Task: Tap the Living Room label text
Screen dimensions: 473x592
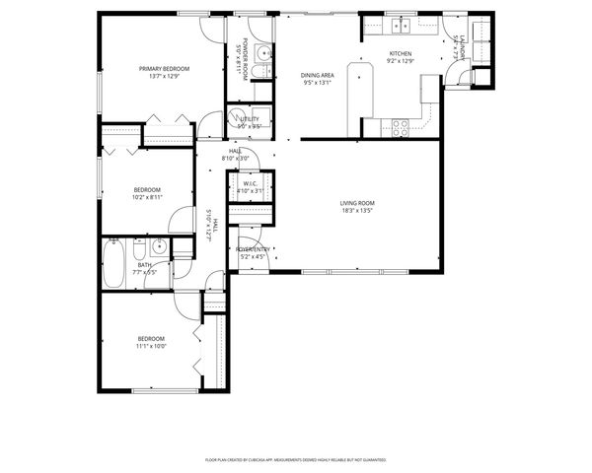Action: click(x=358, y=203)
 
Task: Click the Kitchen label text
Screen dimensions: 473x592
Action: click(x=400, y=53)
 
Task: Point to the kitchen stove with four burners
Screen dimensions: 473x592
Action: click(x=402, y=126)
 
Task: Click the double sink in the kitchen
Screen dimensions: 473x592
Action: click(x=401, y=25)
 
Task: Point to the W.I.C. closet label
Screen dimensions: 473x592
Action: click(x=250, y=183)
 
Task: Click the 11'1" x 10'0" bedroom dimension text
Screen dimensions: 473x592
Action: click(x=151, y=346)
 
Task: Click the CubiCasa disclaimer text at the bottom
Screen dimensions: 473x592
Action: click(x=295, y=459)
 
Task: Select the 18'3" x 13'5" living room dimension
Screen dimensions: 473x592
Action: click(x=358, y=211)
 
